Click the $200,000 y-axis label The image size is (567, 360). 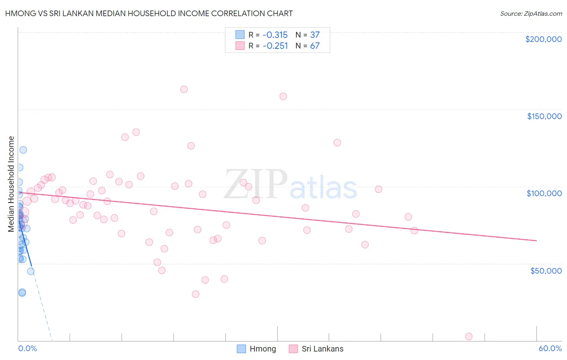543,39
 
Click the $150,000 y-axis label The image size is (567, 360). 544,116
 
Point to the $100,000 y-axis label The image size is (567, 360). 544,193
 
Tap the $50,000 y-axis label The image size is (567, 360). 546,270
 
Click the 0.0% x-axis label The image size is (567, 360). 27,348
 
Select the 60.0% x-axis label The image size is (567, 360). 550,348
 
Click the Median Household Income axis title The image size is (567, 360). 11,184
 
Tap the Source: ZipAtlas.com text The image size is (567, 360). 531,14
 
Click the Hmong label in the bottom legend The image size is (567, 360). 263,349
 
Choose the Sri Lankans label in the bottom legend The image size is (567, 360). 322,349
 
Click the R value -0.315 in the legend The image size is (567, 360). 275,35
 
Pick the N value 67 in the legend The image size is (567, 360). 315,46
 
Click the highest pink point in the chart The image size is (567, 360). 184,89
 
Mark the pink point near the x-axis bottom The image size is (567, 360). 469,337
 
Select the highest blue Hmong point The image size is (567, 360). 23,150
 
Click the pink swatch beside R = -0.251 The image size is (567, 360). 240,46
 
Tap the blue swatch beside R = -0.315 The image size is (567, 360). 240,35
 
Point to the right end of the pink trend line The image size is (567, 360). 536,241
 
